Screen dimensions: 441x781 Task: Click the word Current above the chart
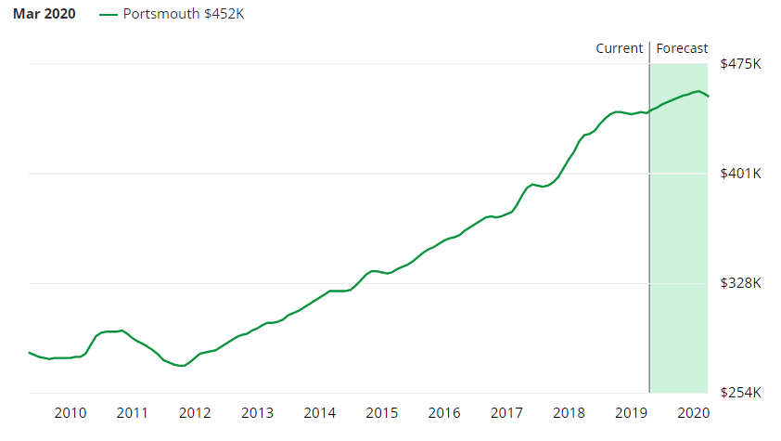[620, 48]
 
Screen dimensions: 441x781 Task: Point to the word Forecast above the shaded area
[682, 48]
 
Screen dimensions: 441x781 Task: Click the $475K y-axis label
[740, 64]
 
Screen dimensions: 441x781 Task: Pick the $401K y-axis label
[740, 174]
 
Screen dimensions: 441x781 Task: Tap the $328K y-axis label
[740, 283]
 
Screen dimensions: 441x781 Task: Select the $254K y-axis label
[740, 393]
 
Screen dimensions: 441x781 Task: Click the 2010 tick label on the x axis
[70, 412]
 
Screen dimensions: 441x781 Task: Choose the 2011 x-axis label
[133, 412]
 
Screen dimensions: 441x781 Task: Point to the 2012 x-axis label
[195, 412]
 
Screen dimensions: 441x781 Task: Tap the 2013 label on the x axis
[257, 412]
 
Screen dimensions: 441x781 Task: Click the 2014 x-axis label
[319, 412]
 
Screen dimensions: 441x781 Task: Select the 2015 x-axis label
[382, 412]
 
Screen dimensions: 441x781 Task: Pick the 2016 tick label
[444, 412]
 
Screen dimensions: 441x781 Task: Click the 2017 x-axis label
[506, 412]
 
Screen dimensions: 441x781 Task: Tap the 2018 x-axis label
[569, 412]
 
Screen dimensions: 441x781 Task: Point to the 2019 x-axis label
[631, 412]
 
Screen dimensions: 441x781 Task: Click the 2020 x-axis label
[694, 412]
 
